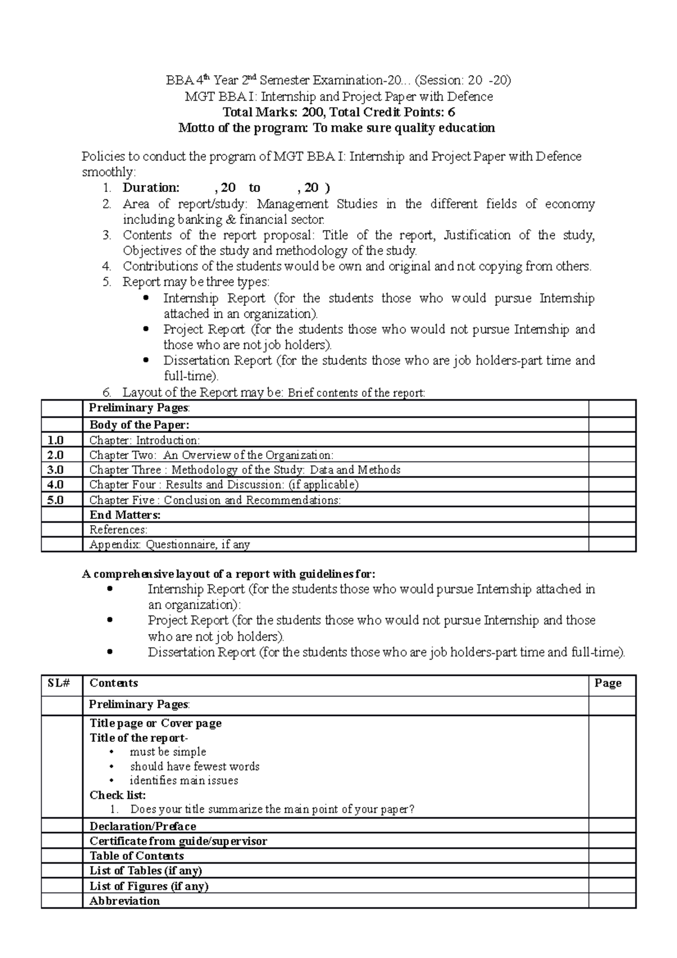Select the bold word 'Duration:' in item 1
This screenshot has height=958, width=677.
click(x=151, y=188)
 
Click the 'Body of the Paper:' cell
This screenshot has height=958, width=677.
click(x=139, y=425)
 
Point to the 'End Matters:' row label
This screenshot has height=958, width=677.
click(x=125, y=515)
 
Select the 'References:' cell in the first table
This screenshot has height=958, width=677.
click(x=118, y=530)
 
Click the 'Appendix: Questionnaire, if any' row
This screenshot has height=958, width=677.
click(x=169, y=544)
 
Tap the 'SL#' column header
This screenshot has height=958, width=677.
click(x=58, y=683)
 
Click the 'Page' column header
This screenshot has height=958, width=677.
click(x=608, y=683)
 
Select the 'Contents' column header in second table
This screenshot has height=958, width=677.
click(x=113, y=683)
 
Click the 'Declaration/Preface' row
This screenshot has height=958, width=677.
click(x=143, y=827)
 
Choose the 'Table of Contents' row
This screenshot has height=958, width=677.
click(x=137, y=856)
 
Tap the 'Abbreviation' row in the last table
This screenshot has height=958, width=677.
click(x=125, y=901)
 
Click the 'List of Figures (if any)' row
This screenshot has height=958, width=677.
click(x=149, y=886)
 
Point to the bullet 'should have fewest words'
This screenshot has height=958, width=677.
click(x=195, y=767)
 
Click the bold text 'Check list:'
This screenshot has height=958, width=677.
click(x=117, y=796)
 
